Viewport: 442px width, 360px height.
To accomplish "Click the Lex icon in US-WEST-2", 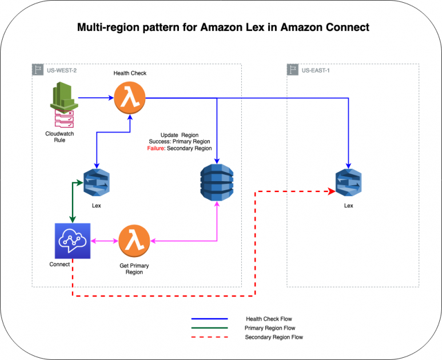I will (x=96, y=183).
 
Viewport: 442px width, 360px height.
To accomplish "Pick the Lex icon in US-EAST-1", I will (x=348, y=183).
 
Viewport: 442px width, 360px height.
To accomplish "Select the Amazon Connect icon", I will (x=72, y=241).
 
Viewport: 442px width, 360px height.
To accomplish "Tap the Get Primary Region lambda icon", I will (x=134, y=241).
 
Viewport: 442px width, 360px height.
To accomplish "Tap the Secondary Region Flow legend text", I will (x=274, y=337).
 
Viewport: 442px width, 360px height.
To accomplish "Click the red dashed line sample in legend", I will (x=209, y=337).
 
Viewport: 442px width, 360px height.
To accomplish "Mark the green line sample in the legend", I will (x=209, y=328).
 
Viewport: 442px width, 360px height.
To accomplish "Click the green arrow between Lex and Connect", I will (x=72, y=203).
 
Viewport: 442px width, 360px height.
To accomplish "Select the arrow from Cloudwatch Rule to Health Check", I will (x=95, y=98).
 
